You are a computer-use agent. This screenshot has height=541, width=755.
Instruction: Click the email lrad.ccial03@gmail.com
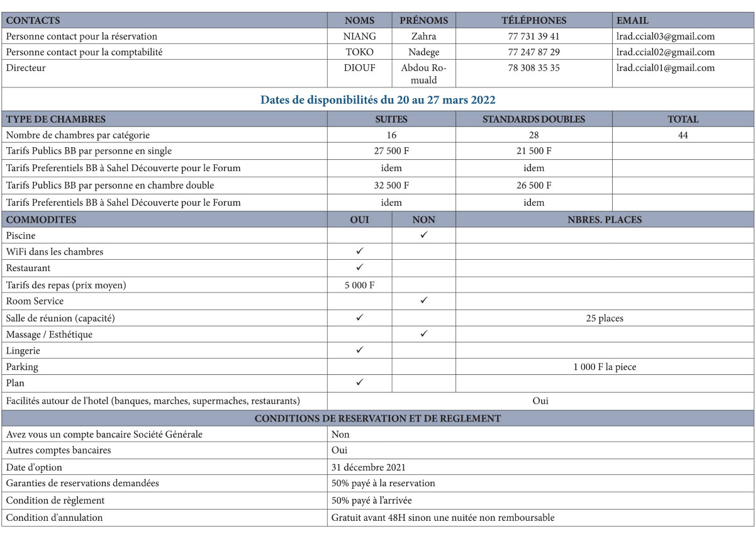(x=666, y=36)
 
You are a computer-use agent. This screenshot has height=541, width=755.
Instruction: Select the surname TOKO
(x=359, y=52)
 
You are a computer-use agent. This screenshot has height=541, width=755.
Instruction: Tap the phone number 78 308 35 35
(x=534, y=68)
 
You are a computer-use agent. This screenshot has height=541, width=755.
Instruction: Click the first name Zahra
(x=423, y=36)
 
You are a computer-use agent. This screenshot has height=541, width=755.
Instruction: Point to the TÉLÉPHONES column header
(x=534, y=21)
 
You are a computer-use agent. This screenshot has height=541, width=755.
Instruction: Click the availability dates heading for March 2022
(x=377, y=100)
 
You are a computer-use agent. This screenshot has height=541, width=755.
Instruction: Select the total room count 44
(x=683, y=135)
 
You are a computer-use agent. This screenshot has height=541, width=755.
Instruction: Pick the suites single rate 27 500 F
(x=391, y=151)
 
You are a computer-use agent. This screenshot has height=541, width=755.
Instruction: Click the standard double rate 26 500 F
(x=534, y=186)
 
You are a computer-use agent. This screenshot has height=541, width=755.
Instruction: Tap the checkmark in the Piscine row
(x=424, y=235)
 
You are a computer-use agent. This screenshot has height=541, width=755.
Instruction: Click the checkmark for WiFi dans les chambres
(x=360, y=251)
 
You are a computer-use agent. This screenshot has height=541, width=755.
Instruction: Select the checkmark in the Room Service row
(x=424, y=301)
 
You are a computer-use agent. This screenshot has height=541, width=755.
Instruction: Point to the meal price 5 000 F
(x=360, y=285)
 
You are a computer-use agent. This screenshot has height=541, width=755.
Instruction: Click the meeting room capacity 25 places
(x=604, y=318)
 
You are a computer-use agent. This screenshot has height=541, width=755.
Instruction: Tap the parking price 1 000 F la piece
(x=604, y=367)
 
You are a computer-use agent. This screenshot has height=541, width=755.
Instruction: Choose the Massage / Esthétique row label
(x=49, y=335)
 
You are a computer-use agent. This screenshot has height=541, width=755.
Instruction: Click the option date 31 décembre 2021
(x=369, y=467)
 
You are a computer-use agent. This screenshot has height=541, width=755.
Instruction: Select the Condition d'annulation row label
(x=54, y=518)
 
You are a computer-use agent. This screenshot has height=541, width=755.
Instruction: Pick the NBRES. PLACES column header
(x=604, y=220)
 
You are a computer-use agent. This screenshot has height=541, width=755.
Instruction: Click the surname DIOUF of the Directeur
(x=359, y=68)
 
